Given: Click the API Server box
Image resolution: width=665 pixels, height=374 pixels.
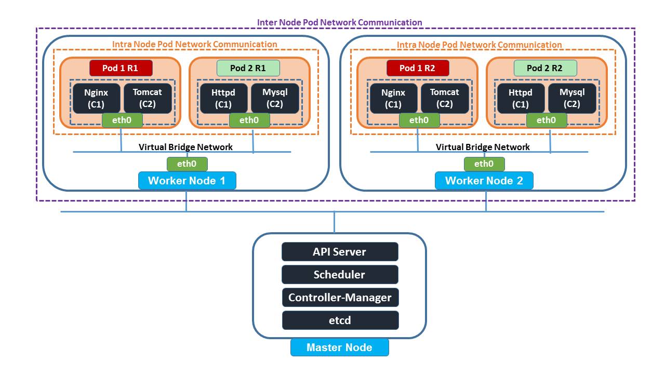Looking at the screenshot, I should [340, 252].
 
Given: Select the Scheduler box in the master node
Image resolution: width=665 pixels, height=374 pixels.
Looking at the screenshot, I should [340, 275].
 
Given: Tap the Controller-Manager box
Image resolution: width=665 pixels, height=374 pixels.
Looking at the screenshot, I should [340, 298].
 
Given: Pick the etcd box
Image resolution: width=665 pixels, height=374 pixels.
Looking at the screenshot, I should [340, 320].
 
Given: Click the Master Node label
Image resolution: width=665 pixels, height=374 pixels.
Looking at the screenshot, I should [339, 348].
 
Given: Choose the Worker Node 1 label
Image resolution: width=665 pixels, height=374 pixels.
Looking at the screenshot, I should [187, 181].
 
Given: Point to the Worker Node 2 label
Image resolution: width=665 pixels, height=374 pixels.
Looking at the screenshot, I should [484, 181].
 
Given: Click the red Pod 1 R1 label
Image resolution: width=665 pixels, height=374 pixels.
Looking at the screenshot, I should [121, 68].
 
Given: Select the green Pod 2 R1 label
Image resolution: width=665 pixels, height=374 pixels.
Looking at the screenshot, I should [248, 68].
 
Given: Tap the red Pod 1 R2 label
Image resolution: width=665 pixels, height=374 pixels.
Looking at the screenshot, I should [418, 68].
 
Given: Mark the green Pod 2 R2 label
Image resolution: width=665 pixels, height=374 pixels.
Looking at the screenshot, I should [545, 68].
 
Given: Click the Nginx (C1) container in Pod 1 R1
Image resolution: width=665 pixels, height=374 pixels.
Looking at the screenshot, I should [96, 98].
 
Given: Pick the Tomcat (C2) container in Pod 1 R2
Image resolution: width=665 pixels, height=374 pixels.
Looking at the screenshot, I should [445, 98].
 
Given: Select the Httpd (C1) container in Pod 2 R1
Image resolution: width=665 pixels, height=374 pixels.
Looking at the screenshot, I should [223, 98].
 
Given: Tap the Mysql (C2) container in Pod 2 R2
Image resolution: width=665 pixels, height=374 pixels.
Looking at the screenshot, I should [572, 98].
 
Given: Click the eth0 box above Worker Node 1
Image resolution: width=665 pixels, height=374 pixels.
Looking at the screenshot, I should [187, 164].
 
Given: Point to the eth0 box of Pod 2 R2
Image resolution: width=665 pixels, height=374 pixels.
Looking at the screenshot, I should [546, 121].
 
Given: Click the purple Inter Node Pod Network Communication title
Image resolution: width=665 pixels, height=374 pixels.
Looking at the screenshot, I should [340, 22].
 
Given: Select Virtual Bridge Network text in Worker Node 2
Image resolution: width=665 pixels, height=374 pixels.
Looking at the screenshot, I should [483, 147].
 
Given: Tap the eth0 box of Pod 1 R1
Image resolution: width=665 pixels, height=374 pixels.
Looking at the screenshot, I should [122, 121].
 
